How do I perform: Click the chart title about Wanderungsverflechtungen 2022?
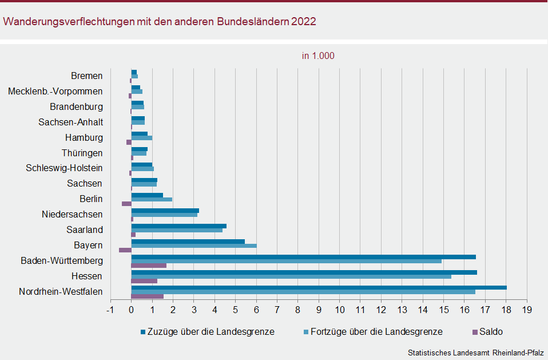(160, 22)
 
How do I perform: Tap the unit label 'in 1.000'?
(318, 56)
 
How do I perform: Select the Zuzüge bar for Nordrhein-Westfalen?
(319, 287)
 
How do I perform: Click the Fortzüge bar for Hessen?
(291, 276)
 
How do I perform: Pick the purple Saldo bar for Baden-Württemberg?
(149, 266)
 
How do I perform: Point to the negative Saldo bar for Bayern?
(125, 250)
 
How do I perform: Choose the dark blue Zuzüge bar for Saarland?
(178, 226)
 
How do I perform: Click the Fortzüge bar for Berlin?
(152, 200)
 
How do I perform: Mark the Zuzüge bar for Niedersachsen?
(165, 210)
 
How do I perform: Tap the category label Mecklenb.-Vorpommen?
(55, 91)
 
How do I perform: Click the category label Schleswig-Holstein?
(64, 168)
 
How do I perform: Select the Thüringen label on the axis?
(82, 153)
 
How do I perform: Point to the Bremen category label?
(87, 76)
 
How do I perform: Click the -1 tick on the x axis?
(110, 310)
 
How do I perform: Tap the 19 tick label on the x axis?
(527, 310)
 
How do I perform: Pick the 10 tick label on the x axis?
(339, 310)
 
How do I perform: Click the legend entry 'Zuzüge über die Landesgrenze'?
(211, 332)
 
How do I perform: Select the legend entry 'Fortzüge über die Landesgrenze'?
(376, 332)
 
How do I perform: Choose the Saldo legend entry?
(491, 332)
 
